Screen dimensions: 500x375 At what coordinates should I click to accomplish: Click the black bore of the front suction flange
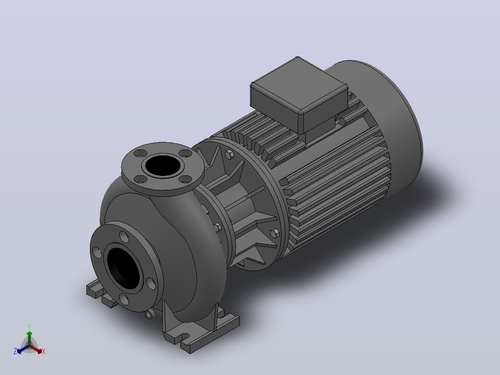coord(123,266)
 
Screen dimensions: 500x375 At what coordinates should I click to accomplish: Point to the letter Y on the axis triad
coord(29,326)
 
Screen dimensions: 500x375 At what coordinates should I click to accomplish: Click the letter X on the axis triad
coord(44,351)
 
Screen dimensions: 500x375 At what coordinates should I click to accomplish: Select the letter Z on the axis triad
coord(15,351)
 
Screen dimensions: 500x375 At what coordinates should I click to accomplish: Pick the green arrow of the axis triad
coord(29,338)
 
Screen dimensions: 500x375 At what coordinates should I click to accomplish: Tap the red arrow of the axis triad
coord(36,349)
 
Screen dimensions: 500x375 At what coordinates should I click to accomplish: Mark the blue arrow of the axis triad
coord(23,349)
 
